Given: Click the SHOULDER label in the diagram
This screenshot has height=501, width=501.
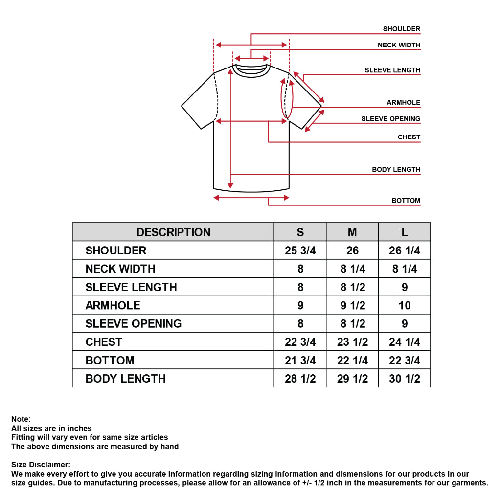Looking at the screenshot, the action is [401, 29].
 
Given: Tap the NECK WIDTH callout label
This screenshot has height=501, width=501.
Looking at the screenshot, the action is [399, 45].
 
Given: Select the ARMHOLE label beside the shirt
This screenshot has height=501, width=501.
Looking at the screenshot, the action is [403, 102].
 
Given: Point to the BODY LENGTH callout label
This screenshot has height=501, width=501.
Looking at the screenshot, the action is [396, 169].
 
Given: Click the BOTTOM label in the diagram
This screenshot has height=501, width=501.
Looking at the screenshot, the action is [406, 200].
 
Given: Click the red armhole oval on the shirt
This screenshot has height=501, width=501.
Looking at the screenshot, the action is [281, 99].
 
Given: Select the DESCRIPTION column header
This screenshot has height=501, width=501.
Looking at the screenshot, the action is [173, 232].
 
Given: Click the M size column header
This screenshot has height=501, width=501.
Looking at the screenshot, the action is [352, 232].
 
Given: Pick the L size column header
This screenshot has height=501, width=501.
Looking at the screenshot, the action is [405, 232].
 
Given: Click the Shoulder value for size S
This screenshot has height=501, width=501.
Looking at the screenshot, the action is [300, 250].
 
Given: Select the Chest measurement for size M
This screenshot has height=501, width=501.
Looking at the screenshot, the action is [352, 342].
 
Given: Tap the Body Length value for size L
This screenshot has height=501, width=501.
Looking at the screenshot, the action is [405, 379].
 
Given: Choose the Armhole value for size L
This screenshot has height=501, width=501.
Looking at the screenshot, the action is [405, 305].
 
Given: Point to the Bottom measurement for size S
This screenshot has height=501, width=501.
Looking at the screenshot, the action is [300, 361].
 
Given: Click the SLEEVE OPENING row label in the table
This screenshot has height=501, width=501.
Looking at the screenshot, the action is [133, 324].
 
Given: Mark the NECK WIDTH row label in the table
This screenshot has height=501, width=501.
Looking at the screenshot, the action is [120, 269].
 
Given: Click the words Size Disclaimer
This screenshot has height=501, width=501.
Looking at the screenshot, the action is [41, 465].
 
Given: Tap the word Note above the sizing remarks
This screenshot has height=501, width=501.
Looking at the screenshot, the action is [21, 419].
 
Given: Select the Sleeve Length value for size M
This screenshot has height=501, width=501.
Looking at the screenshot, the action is [352, 287].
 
